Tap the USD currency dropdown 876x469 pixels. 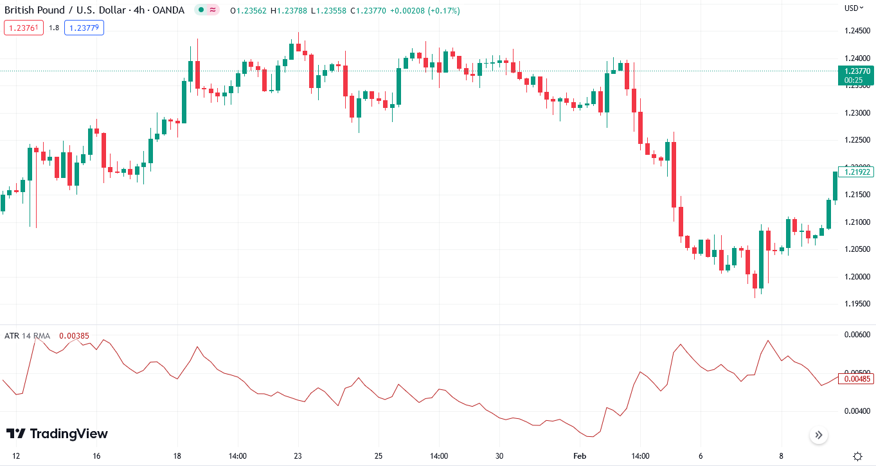[853, 8]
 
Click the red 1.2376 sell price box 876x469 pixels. [23, 28]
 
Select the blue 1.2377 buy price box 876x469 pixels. [84, 28]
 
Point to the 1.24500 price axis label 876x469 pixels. [857, 31]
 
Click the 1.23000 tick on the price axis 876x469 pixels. [857, 113]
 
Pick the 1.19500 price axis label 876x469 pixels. [857, 304]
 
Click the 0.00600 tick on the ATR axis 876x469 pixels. [857, 335]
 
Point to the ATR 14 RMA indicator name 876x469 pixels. [27, 335]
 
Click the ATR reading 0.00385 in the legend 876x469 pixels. [74, 335]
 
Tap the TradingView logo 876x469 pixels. [57, 434]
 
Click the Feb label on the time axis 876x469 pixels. [580, 456]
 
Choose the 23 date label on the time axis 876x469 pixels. [298, 456]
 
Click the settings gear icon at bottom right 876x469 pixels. [857, 456]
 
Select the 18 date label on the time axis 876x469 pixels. [177, 456]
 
